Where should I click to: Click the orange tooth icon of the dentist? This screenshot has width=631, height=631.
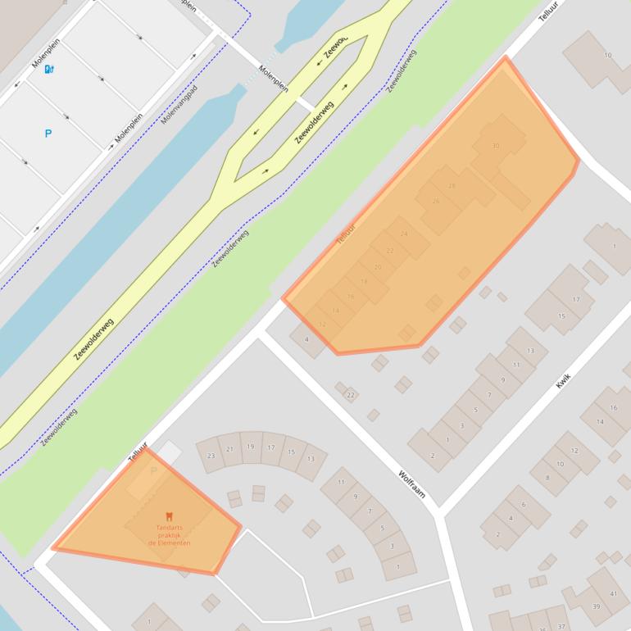(x=169, y=515)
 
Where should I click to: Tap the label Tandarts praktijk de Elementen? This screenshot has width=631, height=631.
(x=169, y=534)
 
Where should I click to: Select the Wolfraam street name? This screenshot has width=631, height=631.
(x=411, y=484)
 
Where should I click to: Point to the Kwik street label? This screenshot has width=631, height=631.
(x=563, y=380)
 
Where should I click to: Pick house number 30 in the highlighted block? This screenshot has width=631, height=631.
(x=495, y=146)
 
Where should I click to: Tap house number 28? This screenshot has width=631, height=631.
(x=452, y=186)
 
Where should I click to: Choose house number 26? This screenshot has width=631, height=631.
(x=435, y=201)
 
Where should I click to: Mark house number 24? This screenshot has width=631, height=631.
(x=404, y=234)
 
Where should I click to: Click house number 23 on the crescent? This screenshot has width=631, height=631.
(x=211, y=456)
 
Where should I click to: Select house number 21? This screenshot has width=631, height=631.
(x=230, y=449)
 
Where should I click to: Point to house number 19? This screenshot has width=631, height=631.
(x=250, y=447)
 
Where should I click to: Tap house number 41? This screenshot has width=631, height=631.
(x=614, y=594)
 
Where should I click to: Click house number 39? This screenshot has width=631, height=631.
(x=596, y=607)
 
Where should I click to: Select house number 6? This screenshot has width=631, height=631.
(x=523, y=504)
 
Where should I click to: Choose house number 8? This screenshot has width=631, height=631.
(x=547, y=477)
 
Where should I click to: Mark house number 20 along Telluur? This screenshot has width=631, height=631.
(x=378, y=266)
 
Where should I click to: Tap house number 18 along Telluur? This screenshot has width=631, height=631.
(x=364, y=281)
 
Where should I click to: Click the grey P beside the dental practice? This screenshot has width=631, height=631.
(x=153, y=472)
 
